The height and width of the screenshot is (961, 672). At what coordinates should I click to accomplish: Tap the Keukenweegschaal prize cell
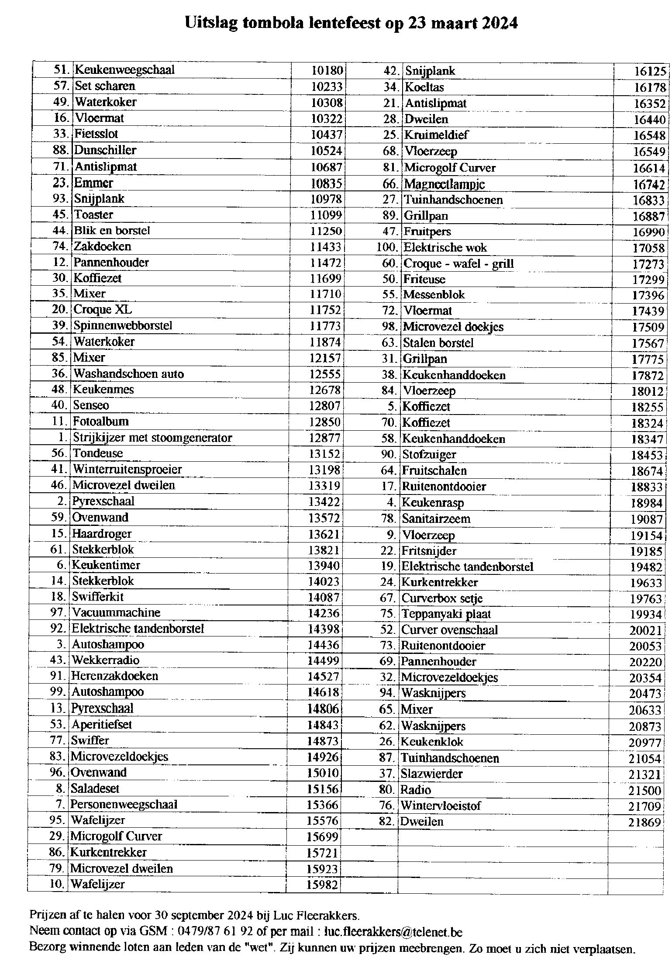coord(124,70)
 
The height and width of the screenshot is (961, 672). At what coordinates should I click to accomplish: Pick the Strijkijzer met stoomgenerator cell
coord(152,437)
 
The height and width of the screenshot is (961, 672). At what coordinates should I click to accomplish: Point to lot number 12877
coord(324,438)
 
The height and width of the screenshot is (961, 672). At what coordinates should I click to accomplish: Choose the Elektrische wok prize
coord(445,248)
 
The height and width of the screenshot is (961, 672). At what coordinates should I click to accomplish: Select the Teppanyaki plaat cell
coord(446,614)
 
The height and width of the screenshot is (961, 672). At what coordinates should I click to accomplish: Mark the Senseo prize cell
coord(91,405)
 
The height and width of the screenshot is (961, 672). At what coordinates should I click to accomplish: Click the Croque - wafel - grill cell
coord(458,264)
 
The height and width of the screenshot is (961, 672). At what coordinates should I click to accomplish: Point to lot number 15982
coord(322,885)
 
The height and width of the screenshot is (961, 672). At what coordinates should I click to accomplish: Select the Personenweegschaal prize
coord(124,804)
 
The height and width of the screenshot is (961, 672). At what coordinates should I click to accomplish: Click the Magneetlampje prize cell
coord(445,184)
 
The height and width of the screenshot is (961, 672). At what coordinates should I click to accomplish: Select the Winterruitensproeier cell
coord(127,470)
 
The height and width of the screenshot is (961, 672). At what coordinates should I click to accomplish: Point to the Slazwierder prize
coord(432,774)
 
